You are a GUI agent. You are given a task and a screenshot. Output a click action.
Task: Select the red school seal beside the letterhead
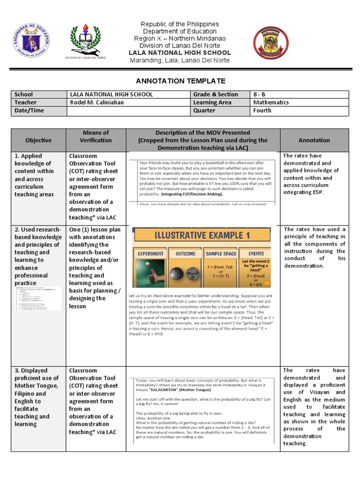pos(271,44)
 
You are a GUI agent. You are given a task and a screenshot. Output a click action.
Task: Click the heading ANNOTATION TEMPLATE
pos(180,81)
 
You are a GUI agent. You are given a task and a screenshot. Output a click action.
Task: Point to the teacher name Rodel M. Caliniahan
pos(97,102)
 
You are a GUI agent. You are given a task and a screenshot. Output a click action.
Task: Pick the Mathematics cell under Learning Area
pos(270,102)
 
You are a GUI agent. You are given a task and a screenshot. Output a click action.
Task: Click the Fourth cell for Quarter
pos(262,110)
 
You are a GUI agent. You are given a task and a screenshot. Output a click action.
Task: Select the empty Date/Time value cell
pos(127,111)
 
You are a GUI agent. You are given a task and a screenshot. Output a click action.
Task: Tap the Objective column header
pos(38,140)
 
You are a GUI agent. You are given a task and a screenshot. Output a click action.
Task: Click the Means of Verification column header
pos(96,136)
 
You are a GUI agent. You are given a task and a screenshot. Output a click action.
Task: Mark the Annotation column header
pos(314,140)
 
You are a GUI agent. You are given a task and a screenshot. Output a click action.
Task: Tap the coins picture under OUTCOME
pos(185,273)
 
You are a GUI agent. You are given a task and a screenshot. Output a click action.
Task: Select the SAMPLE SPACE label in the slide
pos(221,254)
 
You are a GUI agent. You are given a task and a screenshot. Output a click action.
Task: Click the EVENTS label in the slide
pos(256,254)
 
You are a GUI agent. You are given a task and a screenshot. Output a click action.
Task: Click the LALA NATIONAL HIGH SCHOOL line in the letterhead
pos(180,53)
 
